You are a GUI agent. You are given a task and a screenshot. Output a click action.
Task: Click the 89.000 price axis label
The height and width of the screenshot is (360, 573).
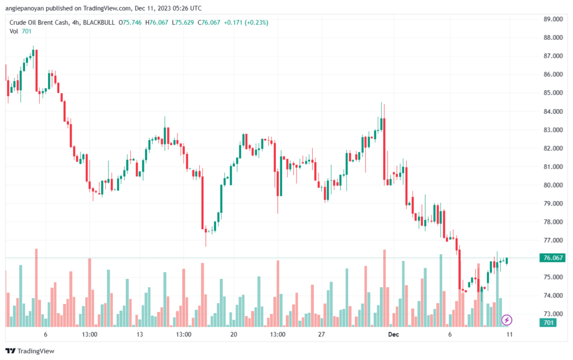coord(553,19)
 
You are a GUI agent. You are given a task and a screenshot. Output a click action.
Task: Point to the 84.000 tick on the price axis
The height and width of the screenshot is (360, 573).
coord(553,111)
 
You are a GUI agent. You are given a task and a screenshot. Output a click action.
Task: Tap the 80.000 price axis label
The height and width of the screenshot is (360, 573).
coord(553,185)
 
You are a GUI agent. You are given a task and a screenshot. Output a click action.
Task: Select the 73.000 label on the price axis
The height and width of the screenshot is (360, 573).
coord(553,314)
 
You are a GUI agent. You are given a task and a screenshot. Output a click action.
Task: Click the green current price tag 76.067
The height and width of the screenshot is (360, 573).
coord(552,258)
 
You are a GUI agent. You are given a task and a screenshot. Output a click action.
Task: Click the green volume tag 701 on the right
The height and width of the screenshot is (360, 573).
coord(548,322)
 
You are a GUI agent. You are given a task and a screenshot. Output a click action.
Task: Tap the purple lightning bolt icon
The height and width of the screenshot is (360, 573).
coord(506,320)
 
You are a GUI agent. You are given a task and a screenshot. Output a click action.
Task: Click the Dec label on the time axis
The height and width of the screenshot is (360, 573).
coord(393,334)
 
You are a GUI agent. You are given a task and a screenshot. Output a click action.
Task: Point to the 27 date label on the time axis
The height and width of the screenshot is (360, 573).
coord(321,334)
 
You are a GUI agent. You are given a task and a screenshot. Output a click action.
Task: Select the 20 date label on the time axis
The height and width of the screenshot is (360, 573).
coord(233,334)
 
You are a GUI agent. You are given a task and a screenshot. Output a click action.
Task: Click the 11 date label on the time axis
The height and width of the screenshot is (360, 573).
coord(509,334)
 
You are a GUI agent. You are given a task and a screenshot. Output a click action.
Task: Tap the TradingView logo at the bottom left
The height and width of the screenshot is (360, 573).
coord(30,351)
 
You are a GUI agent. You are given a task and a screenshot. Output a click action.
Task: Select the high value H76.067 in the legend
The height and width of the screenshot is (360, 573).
coord(157,22)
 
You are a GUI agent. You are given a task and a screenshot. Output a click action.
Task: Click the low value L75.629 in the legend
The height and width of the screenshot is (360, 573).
coord(183,22)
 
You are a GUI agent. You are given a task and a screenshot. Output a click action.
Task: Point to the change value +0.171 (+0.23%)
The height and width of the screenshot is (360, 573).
coord(246,22)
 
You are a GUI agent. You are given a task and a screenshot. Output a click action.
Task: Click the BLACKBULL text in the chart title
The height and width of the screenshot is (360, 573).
coord(98,22)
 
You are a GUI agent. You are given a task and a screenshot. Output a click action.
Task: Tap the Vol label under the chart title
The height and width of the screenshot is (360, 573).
coord(13,31)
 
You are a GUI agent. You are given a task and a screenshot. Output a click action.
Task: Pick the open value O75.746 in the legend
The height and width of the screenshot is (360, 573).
coord(130,22)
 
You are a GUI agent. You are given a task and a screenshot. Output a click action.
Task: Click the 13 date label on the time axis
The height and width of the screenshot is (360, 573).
coord(139,334)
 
